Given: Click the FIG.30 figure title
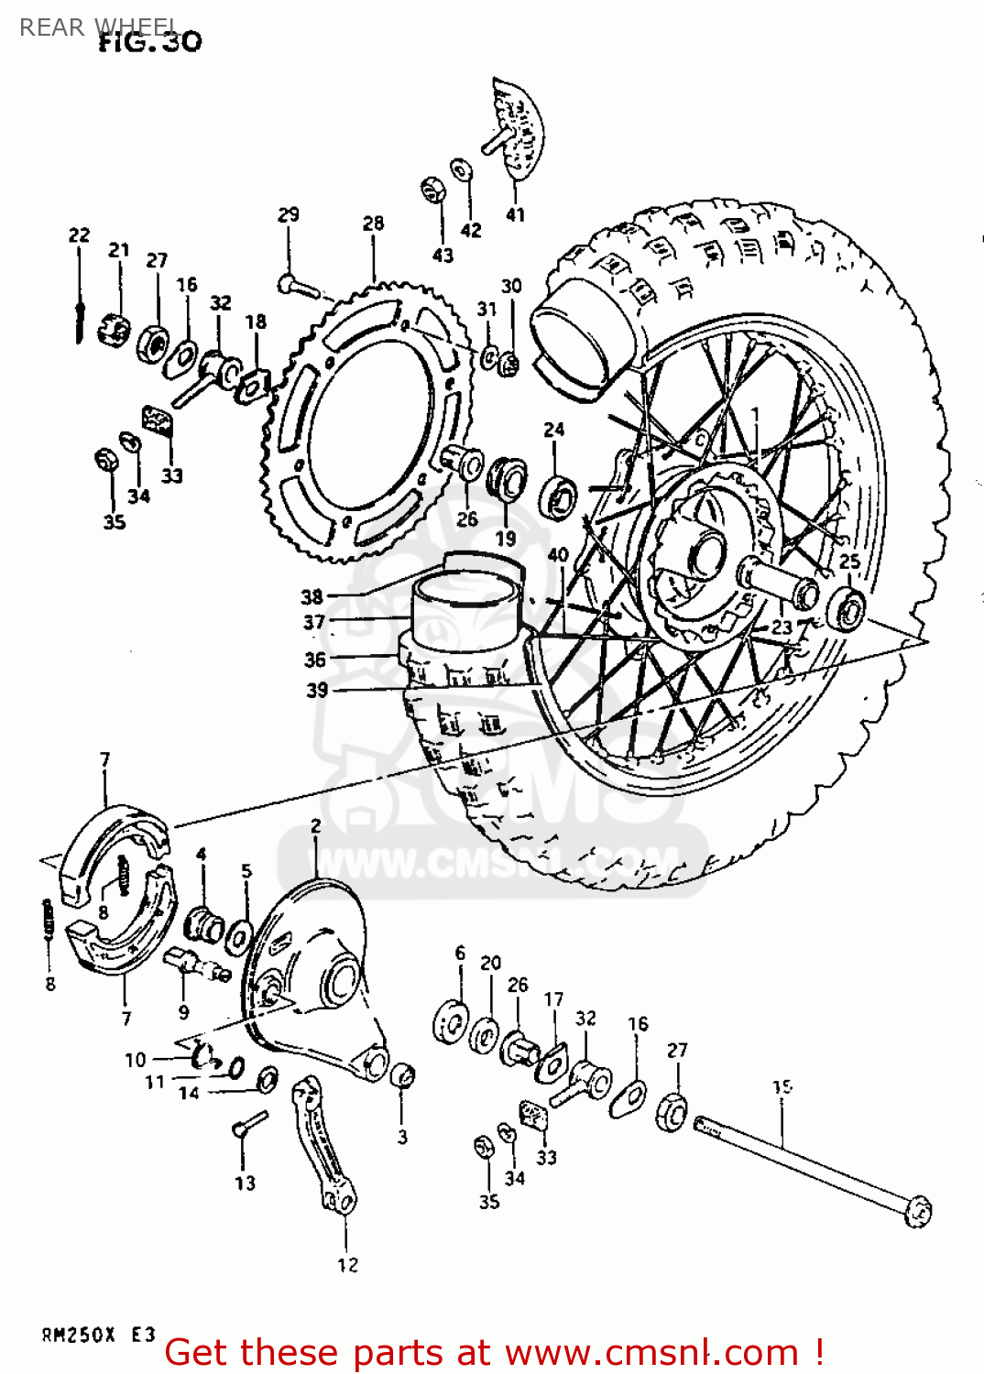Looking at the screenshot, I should tap(150, 41).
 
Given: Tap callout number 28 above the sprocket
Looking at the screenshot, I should tap(373, 224).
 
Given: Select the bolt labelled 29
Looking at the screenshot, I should tap(298, 288).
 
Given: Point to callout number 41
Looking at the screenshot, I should tap(516, 214).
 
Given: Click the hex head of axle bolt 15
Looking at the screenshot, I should tap(916, 1211).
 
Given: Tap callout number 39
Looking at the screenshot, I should tap(317, 690).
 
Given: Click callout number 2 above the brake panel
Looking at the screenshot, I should tap(316, 826).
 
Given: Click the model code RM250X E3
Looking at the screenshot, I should tap(98, 1335).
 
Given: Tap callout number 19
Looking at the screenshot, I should tap(506, 539).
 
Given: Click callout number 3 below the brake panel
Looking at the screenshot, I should tap(401, 1137).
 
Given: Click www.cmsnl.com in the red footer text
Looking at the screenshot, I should tap(651, 1352).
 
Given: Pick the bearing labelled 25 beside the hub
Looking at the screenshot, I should tap(847, 609).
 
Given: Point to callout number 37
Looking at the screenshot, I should tap(314, 623).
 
